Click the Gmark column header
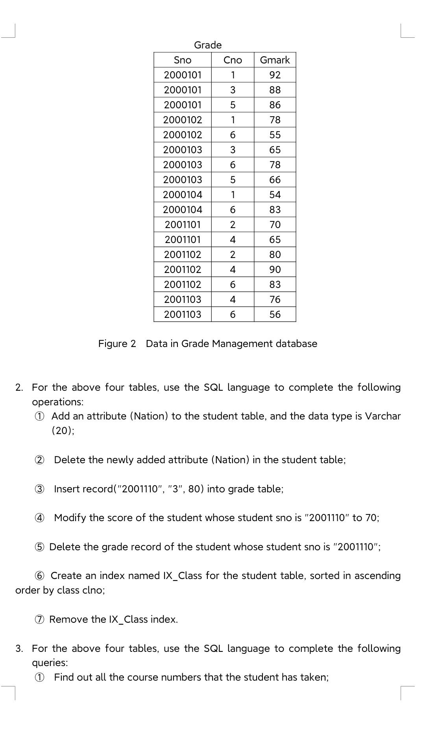tap(275, 60)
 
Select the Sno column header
tap(182, 60)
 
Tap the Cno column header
tap(233, 60)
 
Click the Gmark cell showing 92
tap(275, 75)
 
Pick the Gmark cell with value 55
tap(275, 135)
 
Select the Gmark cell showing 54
tap(275, 195)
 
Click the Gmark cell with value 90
tap(275, 269)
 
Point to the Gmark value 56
tap(275, 314)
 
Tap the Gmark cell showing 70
tap(275, 225)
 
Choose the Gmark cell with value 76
tap(275, 299)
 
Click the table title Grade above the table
tap(208, 45)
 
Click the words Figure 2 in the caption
tap(117, 343)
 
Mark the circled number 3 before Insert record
tap(39, 489)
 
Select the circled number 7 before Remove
tap(39, 620)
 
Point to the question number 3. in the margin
tap(19, 648)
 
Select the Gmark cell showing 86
tap(275, 105)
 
